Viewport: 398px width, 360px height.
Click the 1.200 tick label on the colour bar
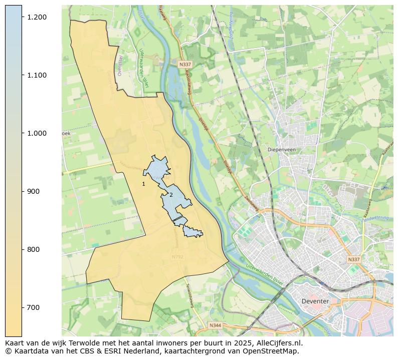(36, 17)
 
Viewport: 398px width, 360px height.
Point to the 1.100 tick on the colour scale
(36, 75)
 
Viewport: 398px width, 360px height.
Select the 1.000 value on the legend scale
(36, 133)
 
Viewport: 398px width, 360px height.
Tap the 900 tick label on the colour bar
(33, 191)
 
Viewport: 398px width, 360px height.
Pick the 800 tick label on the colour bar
(33, 249)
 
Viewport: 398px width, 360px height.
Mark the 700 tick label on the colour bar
(33, 307)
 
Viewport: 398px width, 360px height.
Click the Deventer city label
(315, 301)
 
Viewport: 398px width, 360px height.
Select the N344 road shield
(215, 325)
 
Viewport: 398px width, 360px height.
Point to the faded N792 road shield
(177, 257)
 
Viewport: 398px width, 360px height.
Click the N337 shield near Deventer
(354, 260)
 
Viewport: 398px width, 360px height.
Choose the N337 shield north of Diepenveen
(185, 65)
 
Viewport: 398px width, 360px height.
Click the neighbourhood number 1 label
(143, 184)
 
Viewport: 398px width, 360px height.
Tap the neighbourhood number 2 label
(171, 195)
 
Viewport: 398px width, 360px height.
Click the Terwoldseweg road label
(189, 295)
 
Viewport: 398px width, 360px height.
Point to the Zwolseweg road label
(249, 203)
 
